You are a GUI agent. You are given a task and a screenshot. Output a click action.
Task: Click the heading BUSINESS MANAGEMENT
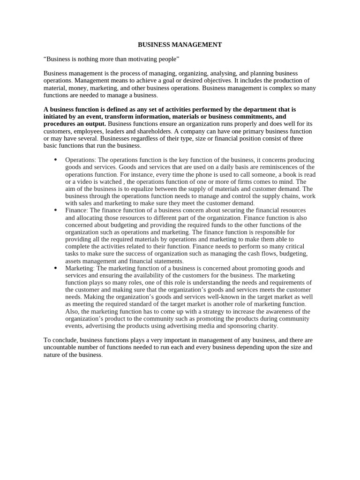pos(180,45)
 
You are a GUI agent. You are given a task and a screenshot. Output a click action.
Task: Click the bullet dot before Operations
pos(55,159)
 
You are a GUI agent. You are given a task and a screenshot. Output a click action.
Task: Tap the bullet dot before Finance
pos(55,210)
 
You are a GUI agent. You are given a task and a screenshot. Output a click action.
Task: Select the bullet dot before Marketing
pos(55,268)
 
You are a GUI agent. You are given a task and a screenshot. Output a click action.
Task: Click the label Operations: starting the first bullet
pos(80,160)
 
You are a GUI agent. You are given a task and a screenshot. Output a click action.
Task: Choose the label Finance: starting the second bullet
pos(76,210)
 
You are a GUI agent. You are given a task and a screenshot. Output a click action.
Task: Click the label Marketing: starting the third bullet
pos(80,268)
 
